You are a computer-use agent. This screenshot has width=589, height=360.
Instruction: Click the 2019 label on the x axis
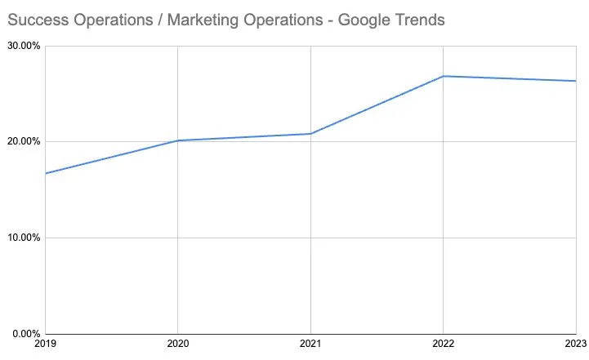[x=46, y=346]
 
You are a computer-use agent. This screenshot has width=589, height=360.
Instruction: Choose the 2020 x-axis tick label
[x=178, y=346]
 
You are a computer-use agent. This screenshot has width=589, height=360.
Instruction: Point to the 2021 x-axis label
[x=310, y=346]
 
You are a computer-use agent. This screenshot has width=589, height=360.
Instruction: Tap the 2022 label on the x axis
[x=443, y=346]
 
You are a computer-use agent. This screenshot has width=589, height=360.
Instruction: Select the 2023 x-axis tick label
[x=575, y=346]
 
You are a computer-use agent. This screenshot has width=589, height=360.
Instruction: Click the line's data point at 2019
[x=46, y=173]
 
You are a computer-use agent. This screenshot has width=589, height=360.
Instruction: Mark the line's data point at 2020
[x=178, y=140]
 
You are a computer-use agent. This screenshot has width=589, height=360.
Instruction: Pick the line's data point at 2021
[x=310, y=134]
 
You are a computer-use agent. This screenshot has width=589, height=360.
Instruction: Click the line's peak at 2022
[x=443, y=76]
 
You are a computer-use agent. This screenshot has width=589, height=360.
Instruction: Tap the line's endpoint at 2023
[x=576, y=81]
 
